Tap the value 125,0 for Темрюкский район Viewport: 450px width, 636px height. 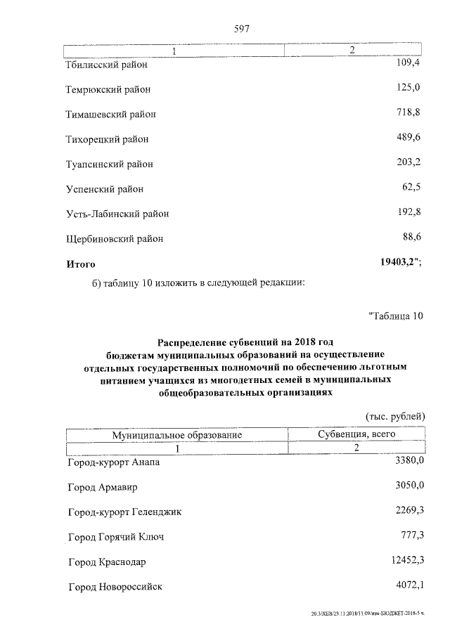(x=408, y=87)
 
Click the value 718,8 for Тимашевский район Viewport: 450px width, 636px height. (x=408, y=112)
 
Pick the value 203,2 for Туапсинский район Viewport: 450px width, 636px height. (x=408, y=162)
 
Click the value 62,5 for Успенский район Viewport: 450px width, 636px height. (x=410, y=188)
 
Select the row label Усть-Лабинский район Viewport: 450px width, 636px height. (x=117, y=214)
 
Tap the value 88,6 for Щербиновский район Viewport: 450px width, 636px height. (x=410, y=237)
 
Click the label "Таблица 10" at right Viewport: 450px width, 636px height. (x=395, y=316)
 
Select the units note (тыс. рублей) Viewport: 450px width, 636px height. (x=395, y=416)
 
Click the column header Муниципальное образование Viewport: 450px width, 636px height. (x=177, y=435)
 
